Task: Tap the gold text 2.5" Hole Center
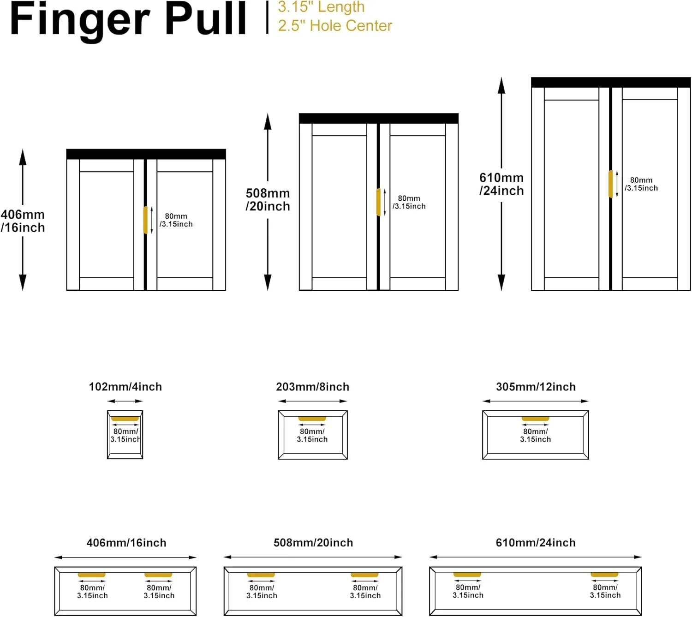point(335,26)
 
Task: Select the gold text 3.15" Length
point(321,7)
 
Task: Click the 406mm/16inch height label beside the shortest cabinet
point(23,221)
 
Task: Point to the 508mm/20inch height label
point(268,199)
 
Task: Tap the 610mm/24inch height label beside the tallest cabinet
point(501,184)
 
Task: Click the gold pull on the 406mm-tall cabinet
point(145,220)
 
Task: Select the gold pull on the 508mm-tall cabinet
point(378,202)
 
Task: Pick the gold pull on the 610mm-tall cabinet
point(611,184)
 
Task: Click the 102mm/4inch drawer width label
point(125,387)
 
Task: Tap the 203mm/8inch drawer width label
point(312,387)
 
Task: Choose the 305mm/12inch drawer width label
point(536,387)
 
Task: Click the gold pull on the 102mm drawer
point(125,419)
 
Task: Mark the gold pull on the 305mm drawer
point(535,419)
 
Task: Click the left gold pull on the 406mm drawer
point(91,575)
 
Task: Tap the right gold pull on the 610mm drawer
point(604,575)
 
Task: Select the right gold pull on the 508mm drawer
point(364,575)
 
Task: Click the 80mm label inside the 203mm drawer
point(312,435)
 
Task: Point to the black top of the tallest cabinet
point(611,82)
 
